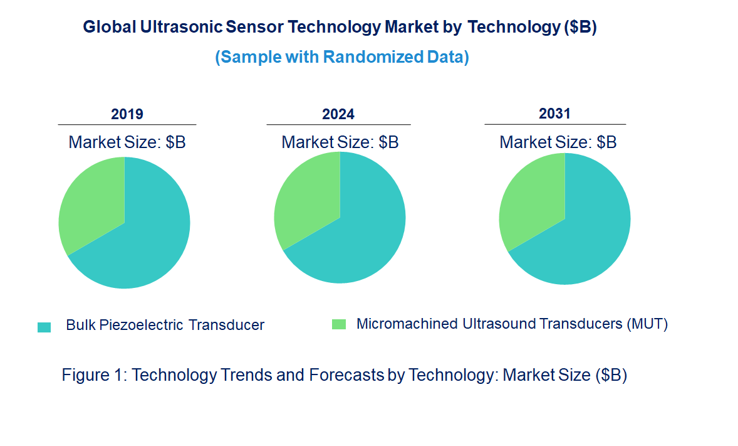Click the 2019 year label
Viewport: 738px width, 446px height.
point(127,114)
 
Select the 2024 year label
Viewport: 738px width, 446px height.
point(338,114)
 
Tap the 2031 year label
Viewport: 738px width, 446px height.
point(555,114)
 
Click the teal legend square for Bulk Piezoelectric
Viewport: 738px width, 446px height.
point(44,327)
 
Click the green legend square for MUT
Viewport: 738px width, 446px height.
point(338,324)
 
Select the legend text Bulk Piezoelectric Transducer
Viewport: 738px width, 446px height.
point(165,325)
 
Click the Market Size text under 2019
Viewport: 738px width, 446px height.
point(127,142)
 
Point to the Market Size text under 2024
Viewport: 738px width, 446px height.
point(340,142)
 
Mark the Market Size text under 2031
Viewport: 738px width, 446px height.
point(558,142)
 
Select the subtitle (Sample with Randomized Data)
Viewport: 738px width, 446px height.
point(342,57)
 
